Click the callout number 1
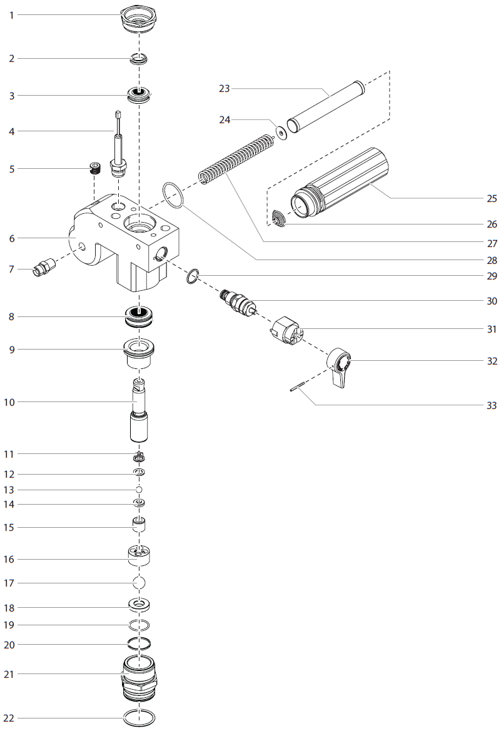[x=11, y=14]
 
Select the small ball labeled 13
[x=139, y=489]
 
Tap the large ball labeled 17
[x=139, y=582]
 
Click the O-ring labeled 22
[x=139, y=718]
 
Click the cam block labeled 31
[x=286, y=330]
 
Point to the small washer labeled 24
[x=281, y=133]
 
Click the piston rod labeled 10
[x=140, y=409]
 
